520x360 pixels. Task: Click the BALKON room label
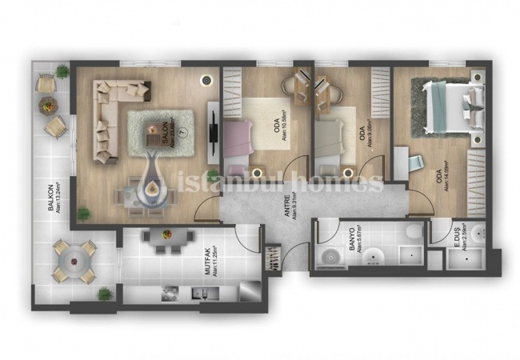pos(50,197)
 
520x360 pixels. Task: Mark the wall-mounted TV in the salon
pos(214,128)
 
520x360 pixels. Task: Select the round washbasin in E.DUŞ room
pos(477,234)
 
